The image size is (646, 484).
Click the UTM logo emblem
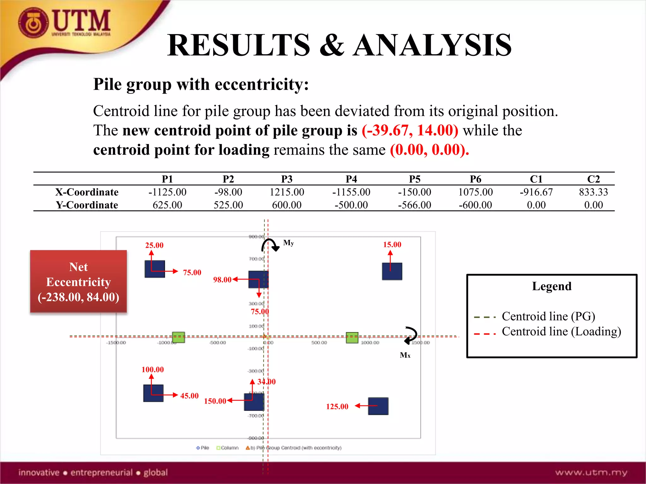[33, 23]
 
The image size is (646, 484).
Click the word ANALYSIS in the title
[432, 46]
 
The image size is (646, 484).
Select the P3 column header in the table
[287, 179]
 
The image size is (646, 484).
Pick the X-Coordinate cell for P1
[167, 192]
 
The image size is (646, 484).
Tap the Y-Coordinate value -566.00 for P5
[414, 205]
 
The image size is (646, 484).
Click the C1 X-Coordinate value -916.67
[536, 192]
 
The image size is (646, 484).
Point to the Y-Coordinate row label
[87, 205]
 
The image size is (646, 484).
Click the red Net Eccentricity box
[79, 281]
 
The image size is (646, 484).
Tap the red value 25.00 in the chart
[154, 245]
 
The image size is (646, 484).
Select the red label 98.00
[222, 279]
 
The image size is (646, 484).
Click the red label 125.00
[337, 406]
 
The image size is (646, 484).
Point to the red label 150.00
[215, 401]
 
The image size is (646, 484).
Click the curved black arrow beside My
[270, 245]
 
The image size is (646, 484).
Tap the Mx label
[405, 355]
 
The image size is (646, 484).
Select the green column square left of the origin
[179, 337]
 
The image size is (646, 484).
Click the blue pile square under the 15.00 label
[392, 271]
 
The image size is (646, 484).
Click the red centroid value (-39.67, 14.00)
[410, 130]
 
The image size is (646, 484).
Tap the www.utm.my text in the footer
[591, 472]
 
